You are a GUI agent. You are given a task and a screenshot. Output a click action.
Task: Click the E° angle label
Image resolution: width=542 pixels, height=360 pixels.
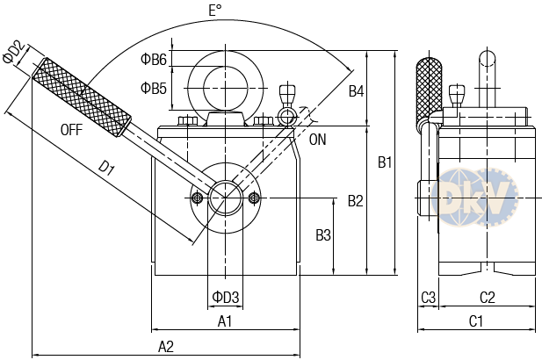coord(214,11)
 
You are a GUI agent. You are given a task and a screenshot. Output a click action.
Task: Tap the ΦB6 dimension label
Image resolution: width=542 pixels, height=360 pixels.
coord(154,60)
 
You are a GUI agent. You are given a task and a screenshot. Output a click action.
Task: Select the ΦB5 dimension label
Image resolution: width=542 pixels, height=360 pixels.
coord(154,88)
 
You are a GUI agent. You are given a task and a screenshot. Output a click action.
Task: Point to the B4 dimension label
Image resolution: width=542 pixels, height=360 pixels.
coord(356,91)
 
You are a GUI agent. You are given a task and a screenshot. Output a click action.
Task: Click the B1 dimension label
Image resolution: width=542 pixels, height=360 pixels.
coord(385,162)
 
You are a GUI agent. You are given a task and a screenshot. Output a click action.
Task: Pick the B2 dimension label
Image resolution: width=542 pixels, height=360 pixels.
coord(356,201)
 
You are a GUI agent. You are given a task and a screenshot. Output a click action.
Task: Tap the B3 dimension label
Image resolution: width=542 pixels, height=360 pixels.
coord(323,235)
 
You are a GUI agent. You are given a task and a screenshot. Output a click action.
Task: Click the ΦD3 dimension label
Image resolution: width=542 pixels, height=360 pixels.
coord(226,297)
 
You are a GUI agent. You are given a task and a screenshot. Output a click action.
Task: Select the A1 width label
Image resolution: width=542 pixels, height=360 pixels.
coord(225,321)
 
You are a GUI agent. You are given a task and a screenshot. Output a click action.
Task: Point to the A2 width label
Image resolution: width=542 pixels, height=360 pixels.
coord(166,347)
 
